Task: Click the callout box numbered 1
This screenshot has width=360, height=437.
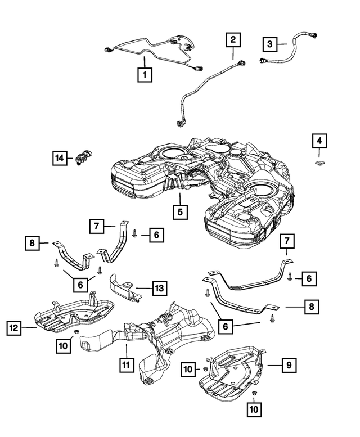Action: (x=145, y=74)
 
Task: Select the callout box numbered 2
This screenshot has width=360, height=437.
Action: (x=233, y=40)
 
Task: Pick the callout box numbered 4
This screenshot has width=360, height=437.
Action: (x=319, y=141)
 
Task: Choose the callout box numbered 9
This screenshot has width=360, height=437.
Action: (x=287, y=366)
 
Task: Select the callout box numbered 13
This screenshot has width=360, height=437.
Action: (x=159, y=289)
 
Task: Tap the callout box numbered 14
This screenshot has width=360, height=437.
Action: (x=60, y=159)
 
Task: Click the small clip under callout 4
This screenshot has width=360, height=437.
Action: (x=319, y=164)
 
